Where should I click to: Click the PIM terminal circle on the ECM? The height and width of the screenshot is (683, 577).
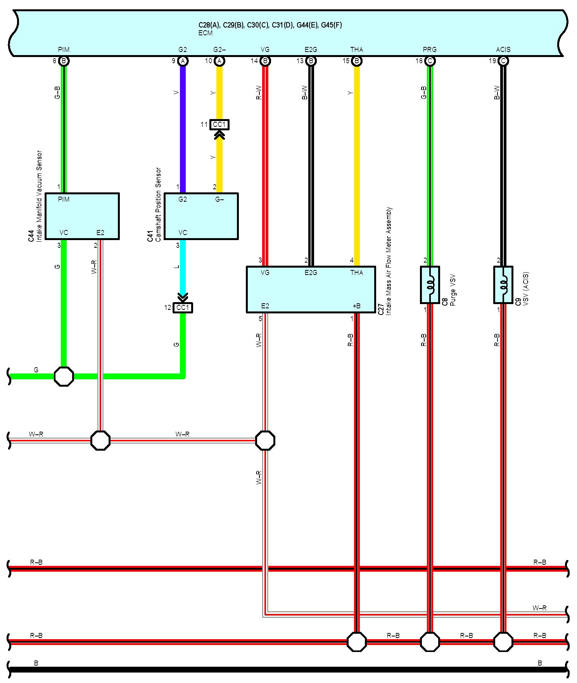tap(64, 61)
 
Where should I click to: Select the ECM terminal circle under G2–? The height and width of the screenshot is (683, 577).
tap(219, 61)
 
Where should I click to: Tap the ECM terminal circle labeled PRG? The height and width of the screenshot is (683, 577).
tap(430, 61)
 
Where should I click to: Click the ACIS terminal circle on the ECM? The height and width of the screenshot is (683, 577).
tap(503, 61)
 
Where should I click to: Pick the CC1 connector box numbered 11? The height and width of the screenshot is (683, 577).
tap(219, 124)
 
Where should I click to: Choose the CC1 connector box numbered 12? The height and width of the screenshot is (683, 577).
tap(183, 308)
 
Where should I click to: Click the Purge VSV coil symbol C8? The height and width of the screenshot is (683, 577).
tap(430, 285)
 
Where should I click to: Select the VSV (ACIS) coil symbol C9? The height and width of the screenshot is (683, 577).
tap(503, 285)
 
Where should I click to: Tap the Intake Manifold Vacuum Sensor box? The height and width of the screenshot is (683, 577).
tap(82, 216)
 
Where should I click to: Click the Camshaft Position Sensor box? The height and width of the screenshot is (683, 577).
tap(201, 216)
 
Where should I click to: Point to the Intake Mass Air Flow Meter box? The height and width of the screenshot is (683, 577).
tap(311, 289)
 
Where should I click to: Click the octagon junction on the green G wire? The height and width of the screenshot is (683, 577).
tap(64, 376)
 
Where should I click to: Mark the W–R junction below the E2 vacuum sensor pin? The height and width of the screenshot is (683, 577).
tap(100, 440)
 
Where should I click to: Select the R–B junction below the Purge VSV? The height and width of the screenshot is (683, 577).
tap(430, 642)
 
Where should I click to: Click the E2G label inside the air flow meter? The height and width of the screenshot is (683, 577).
tap(311, 273)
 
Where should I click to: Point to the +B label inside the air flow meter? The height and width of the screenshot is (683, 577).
tap(356, 306)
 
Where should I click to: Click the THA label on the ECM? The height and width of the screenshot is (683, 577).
tap(356, 50)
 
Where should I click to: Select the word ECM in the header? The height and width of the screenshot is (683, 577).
tap(206, 33)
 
